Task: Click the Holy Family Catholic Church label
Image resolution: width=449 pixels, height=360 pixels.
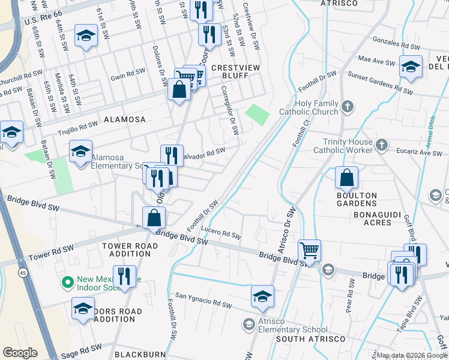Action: pyautogui.click(x=310, y=107)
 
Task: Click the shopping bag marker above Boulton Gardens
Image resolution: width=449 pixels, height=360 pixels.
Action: pyautogui.click(x=346, y=178)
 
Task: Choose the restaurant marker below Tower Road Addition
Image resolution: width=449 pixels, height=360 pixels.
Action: pyautogui.click(x=124, y=276)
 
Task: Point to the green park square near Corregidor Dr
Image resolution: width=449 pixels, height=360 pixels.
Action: pyautogui.click(x=257, y=114)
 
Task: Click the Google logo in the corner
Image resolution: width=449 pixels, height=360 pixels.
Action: pyautogui.click(x=20, y=353)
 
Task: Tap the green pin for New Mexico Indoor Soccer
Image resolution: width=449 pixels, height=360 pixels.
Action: pyautogui.click(x=68, y=281)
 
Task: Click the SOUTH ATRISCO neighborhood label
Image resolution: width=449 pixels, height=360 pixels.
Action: pyautogui.click(x=310, y=339)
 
